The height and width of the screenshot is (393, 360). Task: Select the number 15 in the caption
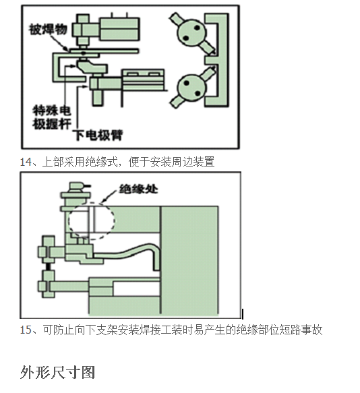point(26,330)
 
